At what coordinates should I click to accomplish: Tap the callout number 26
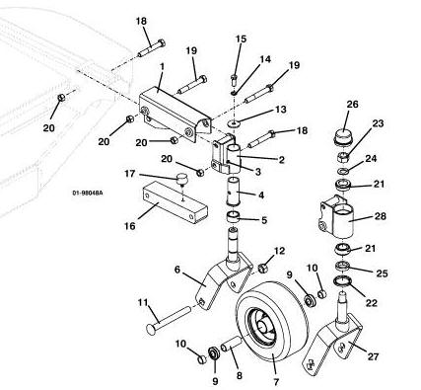point(352,105)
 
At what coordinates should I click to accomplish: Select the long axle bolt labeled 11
point(169,319)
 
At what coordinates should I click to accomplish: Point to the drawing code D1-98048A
point(88,193)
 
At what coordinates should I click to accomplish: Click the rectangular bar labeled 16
point(175,204)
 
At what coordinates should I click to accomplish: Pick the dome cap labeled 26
point(343,135)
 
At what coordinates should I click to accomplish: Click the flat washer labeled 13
point(234,124)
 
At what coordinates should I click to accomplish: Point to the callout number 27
point(373,356)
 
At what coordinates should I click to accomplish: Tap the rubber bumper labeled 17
point(181,180)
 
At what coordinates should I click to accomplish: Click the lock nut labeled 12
point(262,269)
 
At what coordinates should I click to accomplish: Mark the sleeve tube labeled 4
point(234,192)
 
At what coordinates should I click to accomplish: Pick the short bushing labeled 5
point(234,217)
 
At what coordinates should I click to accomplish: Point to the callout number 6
point(177,270)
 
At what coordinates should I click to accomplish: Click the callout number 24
point(371,159)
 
